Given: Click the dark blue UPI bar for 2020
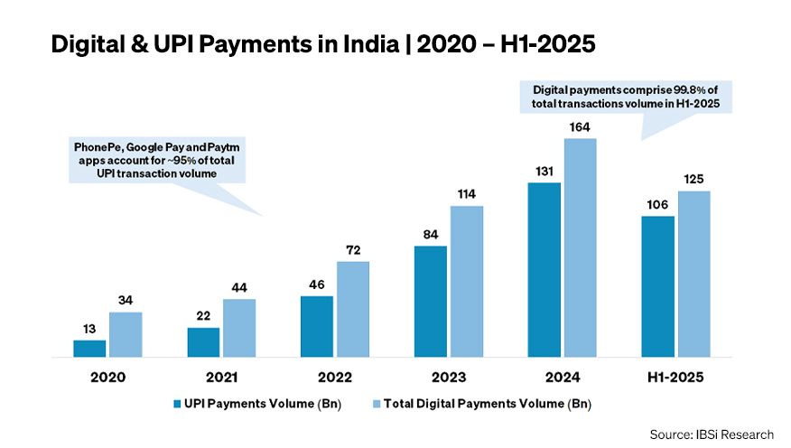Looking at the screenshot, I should (x=89, y=349).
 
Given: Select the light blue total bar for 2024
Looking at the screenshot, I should (x=581, y=247).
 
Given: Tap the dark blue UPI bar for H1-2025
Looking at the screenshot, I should (x=658, y=286).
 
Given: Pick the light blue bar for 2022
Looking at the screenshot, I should (x=353, y=309).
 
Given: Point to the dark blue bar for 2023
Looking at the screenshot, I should (x=431, y=302).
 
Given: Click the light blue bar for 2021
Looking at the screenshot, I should (x=239, y=328).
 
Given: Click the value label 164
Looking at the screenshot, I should (x=581, y=127).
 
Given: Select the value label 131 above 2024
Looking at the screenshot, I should (x=544, y=172).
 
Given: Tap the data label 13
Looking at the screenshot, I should (x=89, y=330).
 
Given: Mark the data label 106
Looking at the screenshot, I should (x=658, y=205).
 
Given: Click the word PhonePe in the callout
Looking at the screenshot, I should (x=96, y=146).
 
